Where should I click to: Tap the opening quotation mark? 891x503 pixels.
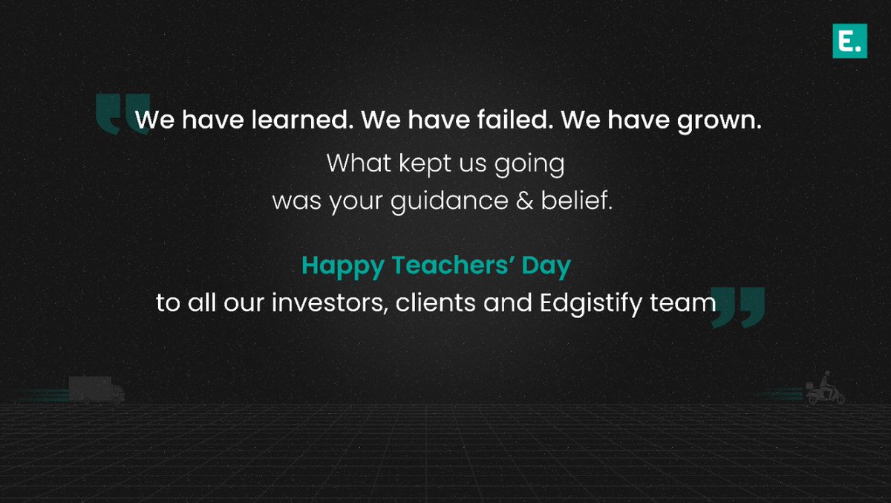(x=123, y=114)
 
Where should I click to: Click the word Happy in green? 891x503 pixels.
(x=339, y=266)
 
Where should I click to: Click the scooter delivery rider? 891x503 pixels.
(x=823, y=389)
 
